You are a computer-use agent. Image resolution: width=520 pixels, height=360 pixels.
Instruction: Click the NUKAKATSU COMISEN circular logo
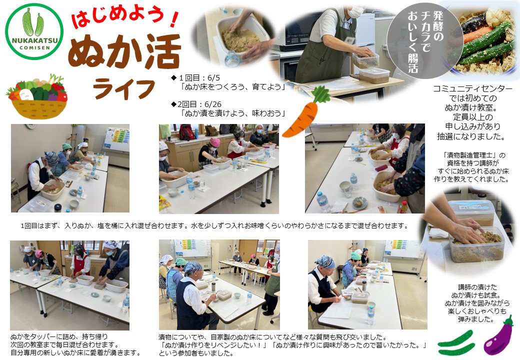34,31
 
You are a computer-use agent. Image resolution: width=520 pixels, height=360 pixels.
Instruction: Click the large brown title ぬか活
124,51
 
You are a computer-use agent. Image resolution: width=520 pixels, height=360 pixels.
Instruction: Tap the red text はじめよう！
125,19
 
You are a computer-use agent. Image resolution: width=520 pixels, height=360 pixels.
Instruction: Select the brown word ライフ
124,88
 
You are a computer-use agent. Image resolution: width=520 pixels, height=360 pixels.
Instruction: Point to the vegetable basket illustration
36,96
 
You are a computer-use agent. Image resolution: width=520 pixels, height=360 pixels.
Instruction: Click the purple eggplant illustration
498,336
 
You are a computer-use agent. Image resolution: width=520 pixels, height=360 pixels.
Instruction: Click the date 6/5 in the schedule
213,78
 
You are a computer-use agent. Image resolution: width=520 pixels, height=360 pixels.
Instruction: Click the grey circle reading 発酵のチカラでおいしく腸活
425,41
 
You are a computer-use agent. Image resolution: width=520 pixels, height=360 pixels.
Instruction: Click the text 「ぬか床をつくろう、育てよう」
233,87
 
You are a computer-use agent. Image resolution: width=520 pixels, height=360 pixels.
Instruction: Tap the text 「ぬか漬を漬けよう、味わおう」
233,113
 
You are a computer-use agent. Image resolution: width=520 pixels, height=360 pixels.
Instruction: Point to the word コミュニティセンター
472,89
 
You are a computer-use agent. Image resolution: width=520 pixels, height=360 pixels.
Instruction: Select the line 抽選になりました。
471,136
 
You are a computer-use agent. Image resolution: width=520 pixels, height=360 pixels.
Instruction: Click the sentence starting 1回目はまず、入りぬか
214,225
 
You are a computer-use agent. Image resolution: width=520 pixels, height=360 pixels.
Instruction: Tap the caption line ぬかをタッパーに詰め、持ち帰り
59,337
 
